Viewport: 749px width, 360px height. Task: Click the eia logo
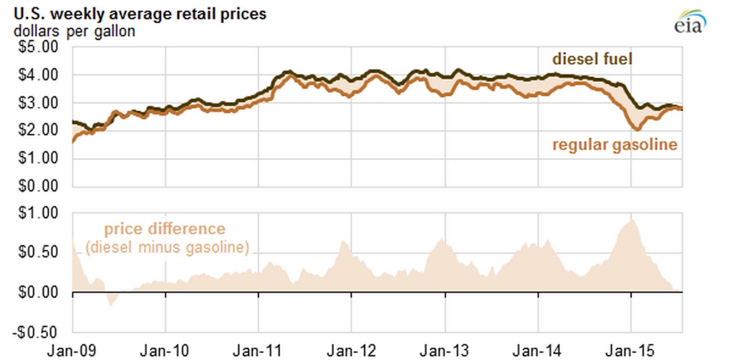(689, 21)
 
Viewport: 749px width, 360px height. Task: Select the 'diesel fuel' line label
(592, 59)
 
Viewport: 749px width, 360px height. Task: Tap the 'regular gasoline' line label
(614, 145)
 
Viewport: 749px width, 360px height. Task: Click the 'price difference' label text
(164, 229)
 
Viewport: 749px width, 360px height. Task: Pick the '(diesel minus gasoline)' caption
(167, 247)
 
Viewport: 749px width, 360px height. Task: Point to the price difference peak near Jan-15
(632, 220)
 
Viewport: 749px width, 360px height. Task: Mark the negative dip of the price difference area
(112, 304)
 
